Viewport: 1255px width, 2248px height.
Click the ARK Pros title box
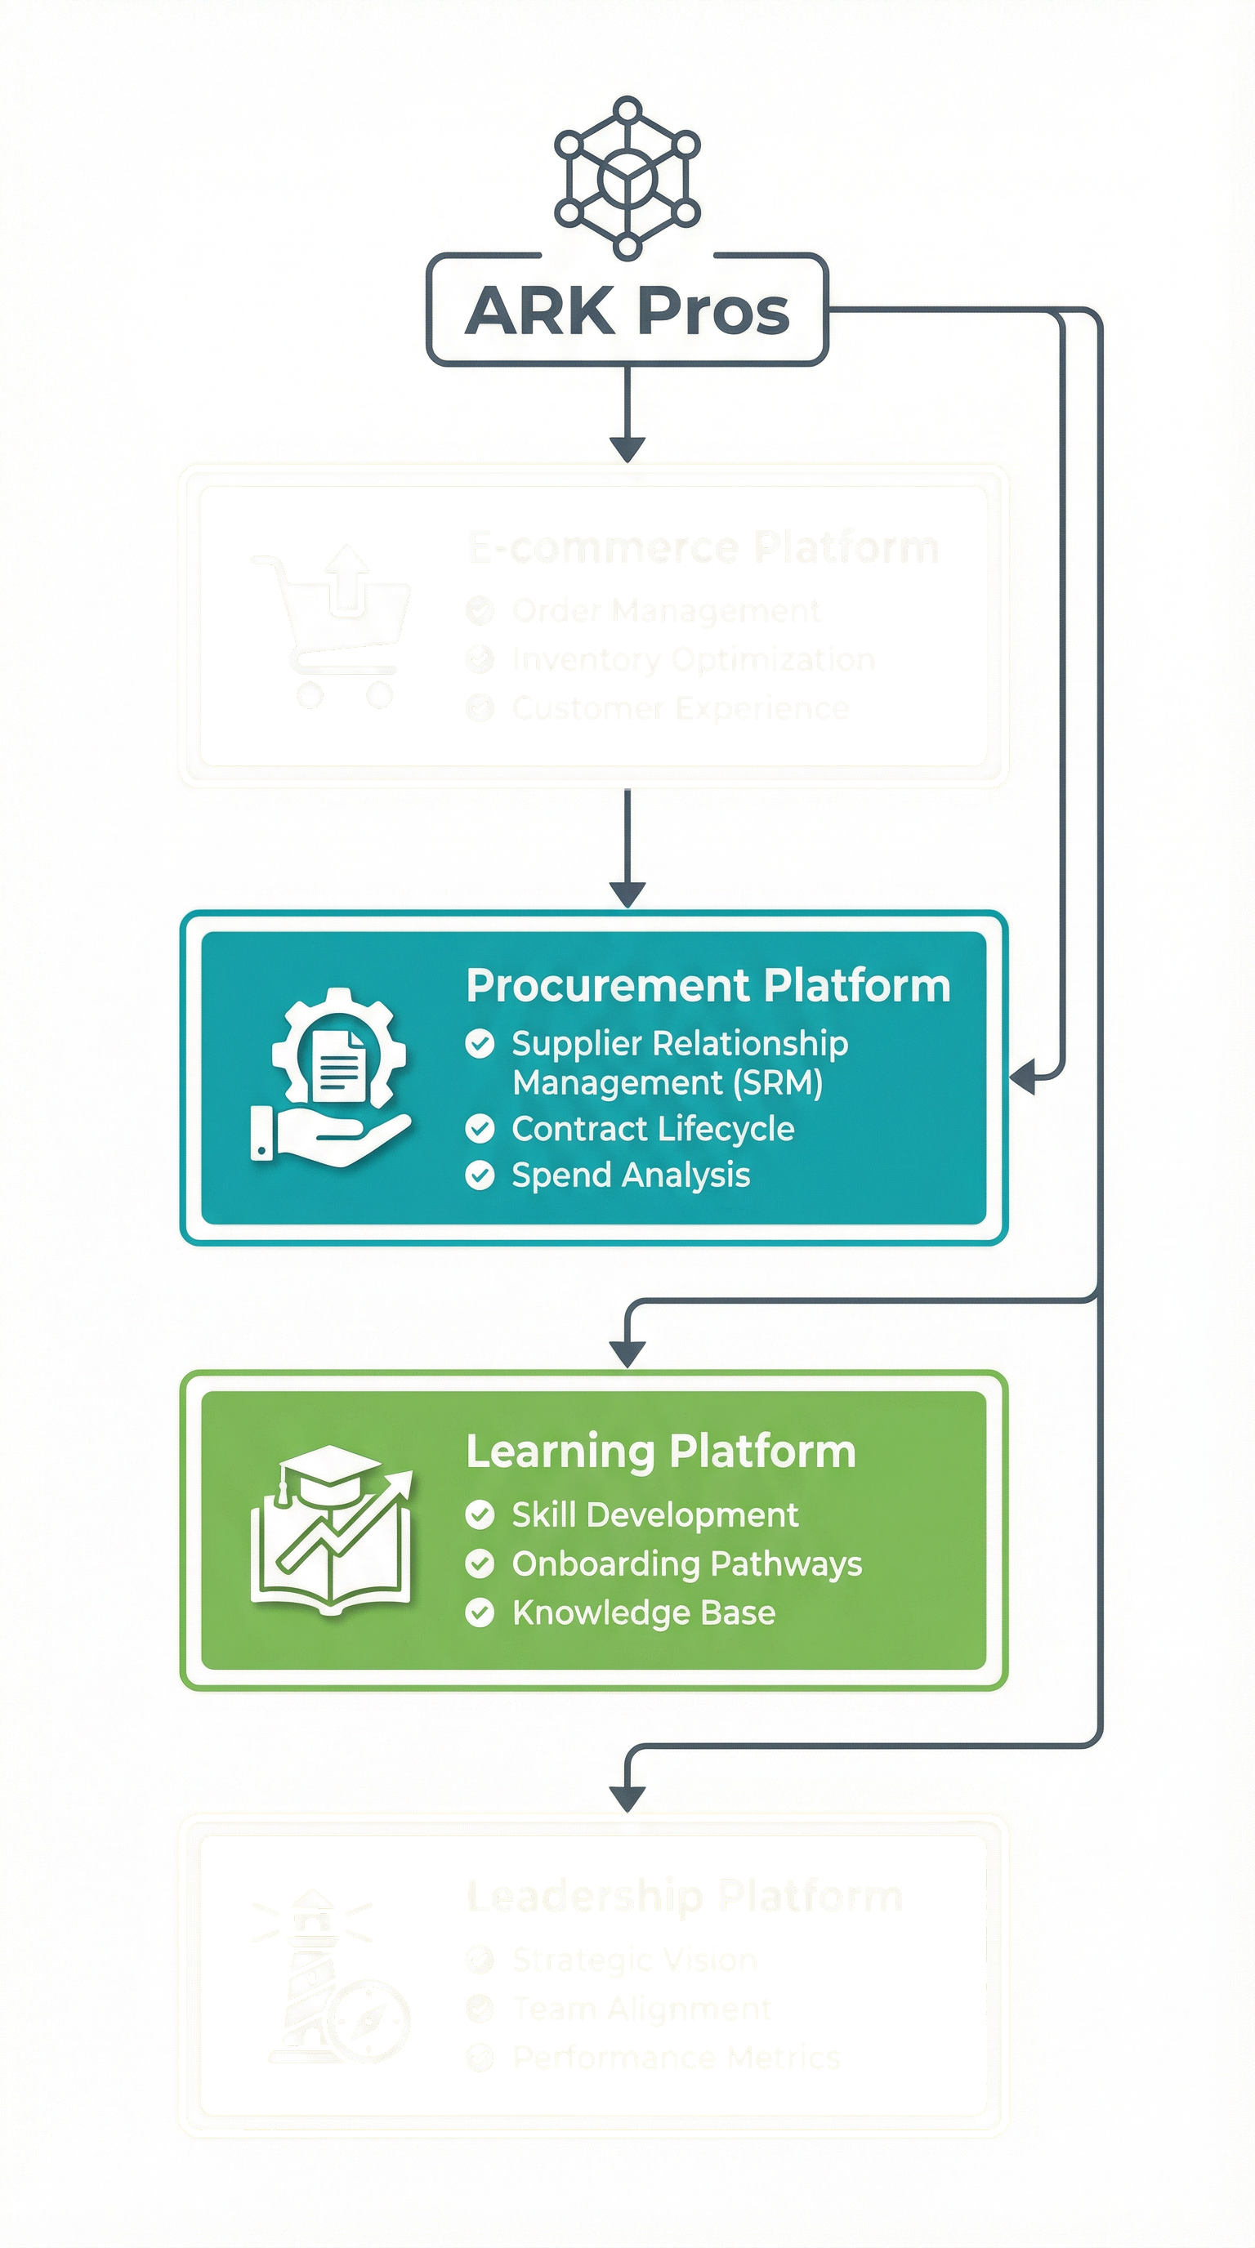click(x=627, y=310)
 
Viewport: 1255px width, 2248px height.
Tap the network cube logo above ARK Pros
click(x=627, y=178)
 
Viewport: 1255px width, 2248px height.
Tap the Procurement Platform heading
click(x=708, y=986)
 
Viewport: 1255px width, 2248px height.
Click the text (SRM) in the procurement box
click(x=778, y=1083)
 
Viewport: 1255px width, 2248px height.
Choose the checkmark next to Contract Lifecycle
click(x=480, y=1129)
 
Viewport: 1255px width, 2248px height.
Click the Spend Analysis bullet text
click(x=630, y=1175)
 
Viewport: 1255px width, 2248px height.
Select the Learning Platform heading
click(x=661, y=1452)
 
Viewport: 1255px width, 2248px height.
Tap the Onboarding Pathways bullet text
click(x=687, y=1563)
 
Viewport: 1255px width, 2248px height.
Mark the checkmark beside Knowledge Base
click(x=480, y=1612)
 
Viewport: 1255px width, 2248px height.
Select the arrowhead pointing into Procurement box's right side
click(x=1023, y=1077)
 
